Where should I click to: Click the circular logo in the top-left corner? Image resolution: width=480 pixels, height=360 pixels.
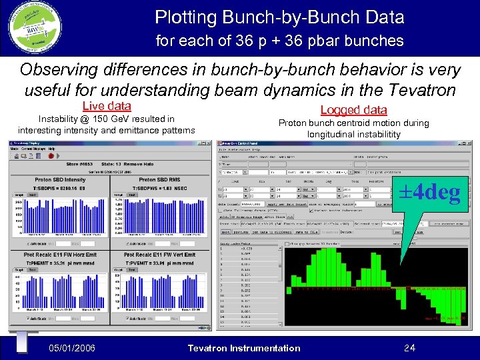coord(33,27)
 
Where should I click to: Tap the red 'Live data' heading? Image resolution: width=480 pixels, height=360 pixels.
coord(107,106)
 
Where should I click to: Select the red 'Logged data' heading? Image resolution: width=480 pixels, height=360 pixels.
coord(353,110)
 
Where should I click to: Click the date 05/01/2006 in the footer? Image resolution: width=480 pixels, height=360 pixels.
coord(72,348)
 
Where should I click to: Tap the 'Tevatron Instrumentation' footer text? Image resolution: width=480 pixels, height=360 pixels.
coord(244,348)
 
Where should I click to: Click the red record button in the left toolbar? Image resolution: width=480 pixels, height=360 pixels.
coord(51,156)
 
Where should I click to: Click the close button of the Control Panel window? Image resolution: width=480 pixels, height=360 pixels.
coord(464,142)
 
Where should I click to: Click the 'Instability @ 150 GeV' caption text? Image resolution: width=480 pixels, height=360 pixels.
coord(107,119)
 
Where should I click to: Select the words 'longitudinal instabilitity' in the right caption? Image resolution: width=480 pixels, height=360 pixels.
coord(353,134)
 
